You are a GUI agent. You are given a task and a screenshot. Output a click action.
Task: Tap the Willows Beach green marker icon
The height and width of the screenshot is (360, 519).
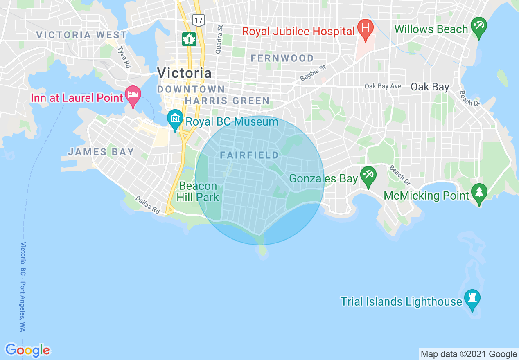tap(478, 26)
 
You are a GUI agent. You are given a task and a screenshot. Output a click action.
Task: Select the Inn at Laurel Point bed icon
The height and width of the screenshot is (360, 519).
tap(133, 95)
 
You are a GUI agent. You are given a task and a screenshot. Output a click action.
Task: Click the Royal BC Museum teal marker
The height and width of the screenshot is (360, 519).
tap(175, 119)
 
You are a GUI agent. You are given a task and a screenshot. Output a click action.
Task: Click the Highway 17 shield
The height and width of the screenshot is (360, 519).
tap(199, 20)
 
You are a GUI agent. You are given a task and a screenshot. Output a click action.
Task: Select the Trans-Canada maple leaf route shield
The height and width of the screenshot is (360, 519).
tap(189, 39)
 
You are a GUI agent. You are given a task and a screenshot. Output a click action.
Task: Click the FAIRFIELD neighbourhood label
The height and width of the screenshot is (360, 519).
tap(249, 155)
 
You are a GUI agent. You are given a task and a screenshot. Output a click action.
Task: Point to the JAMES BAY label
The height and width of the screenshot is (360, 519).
tap(101, 152)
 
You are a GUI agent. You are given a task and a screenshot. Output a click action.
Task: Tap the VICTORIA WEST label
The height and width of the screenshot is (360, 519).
tap(82, 35)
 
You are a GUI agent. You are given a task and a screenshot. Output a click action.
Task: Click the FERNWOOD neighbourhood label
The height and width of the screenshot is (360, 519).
tap(282, 59)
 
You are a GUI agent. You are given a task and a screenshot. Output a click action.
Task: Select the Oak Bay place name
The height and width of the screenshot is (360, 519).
tap(430, 87)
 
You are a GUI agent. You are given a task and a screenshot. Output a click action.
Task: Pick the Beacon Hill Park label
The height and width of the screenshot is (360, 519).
tap(198, 192)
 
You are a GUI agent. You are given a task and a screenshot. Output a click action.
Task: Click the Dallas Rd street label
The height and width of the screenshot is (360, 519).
tap(147, 205)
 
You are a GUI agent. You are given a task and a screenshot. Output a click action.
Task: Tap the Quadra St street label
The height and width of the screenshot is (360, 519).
tap(220, 39)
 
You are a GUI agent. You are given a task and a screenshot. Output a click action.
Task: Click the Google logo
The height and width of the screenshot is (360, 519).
tap(27, 350)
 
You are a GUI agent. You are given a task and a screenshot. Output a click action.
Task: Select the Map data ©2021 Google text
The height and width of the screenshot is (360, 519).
tap(469, 354)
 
